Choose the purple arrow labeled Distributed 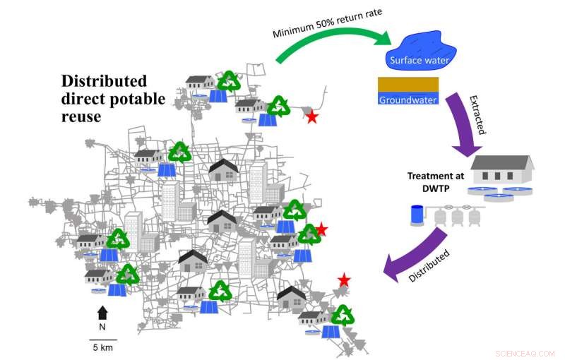point(416,257)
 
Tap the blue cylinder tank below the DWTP point(417,215)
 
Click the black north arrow point(102,313)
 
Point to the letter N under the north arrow point(102,327)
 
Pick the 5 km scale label point(102,347)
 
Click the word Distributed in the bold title point(103,80)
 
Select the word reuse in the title point(80,116)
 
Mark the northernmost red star point(311,118)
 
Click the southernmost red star point(344,281)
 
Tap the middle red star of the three point(321,229)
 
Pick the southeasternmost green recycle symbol point(343,316)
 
